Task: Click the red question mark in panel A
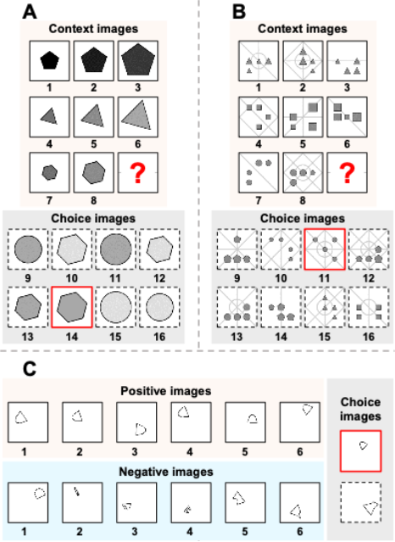tap(138, 174)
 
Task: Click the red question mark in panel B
tap(347, 174)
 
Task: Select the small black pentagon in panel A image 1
tap(49, 61)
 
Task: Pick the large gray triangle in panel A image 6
tap(137, 116)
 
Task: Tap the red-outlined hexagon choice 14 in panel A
tap(72, 307)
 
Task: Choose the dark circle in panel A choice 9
tap(28, 249)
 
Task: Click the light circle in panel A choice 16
tap(159, 307)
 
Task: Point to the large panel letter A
tap(30, 12)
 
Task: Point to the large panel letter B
tap(239, 12)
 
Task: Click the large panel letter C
tap(30, 369)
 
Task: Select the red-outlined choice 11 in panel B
tap(325, 249)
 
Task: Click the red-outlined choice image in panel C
tap(361, 450)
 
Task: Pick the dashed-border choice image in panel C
tap(361, 503)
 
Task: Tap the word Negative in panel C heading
tap(141, 472)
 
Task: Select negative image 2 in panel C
tap(82, 503)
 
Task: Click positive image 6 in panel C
tap(299, 422)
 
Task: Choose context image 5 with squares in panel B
tap(303, 117)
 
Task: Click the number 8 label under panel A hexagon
tap(93, 200)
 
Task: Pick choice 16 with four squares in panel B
tap(369, 307)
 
